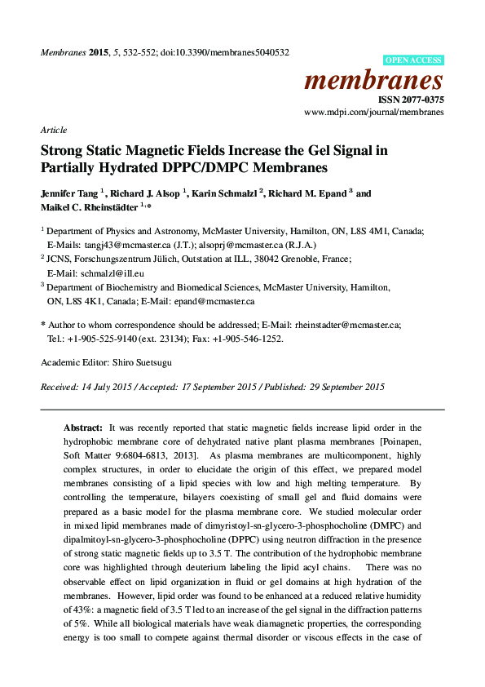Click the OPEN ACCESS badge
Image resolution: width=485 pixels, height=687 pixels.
(413, 60)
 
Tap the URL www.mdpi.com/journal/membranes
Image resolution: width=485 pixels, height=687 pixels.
(373, 112)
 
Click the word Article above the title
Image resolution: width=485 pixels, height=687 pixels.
(53, 130)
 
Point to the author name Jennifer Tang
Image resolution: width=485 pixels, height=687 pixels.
(68, 194)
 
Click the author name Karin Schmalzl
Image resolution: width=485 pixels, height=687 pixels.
(227, 194)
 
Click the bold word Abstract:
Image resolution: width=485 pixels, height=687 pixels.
(84, 428)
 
